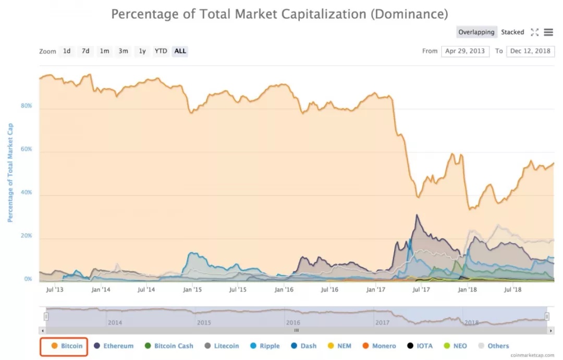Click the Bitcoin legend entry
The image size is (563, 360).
(67, 346)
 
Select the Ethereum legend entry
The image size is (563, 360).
(114, 346)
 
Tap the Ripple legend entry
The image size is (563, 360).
(265, 346)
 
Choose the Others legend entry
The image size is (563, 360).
(494, 346)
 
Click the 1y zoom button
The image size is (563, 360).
(142, 51)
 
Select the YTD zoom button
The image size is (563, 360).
(161, 51)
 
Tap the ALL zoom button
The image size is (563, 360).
(180, 51)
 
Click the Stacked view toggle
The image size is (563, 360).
(512, 32)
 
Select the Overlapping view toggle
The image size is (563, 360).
(476, 32)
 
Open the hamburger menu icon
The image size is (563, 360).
(548, 32)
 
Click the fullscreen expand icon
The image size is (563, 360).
(535, 32)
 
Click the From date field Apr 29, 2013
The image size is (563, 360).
(465, 51)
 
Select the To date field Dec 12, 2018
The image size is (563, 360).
(530, 51)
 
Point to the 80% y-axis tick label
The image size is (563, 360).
(26, 105)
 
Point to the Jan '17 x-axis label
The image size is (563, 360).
(375, 290)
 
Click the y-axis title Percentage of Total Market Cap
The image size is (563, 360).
(10, 173)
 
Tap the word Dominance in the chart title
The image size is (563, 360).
(409, 14)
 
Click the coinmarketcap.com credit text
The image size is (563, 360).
(532, 355)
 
